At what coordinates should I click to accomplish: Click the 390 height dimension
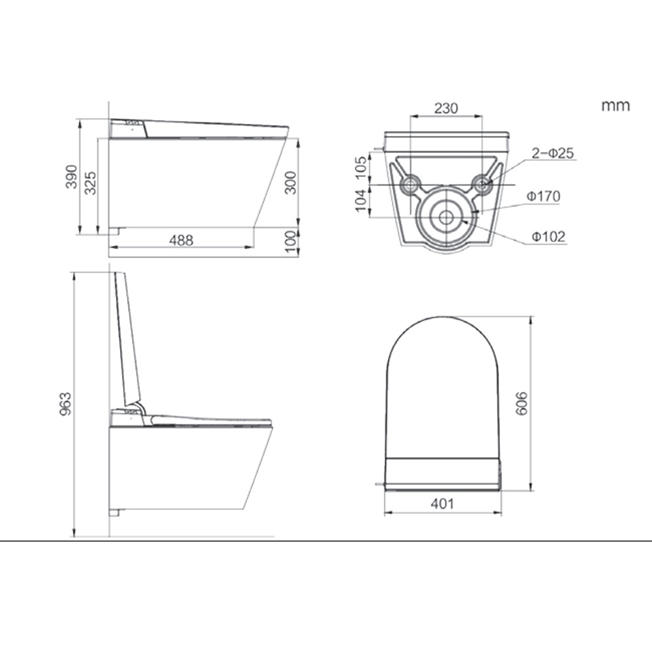pyautogui.click(x=72, y=177)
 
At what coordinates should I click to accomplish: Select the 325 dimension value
pyautogui.click(x=90, y=183)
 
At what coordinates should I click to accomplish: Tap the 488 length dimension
pyautogui.click(x=181, y=241)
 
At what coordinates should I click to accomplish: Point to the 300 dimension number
pyautogui.click(x=291, y=183)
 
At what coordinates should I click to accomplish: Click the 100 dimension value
pyautogui.click(x=291, y=242)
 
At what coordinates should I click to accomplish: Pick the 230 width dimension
pyautogui.click(x=446, y=108)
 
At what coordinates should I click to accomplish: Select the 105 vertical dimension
pyautogui.click(x=361, y=167)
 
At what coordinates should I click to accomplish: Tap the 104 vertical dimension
pyautogui.click(x=361, y=200)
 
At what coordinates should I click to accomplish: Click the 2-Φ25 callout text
pyautogui.click(x=553, y=153)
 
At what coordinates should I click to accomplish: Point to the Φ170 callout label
pyautogui.click(x=544, y=196)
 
